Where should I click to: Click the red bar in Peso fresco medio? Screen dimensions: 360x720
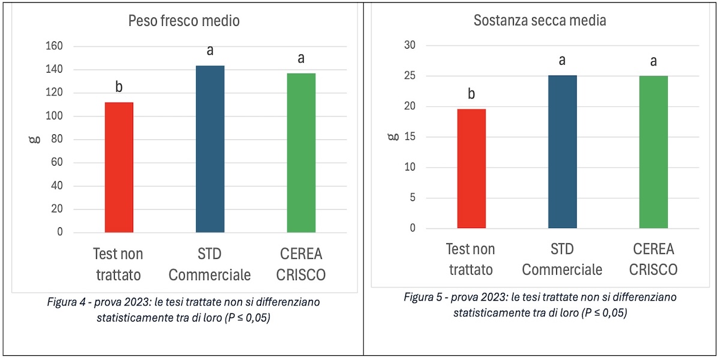click(119, 167)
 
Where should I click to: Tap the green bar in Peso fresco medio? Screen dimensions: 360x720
click(301, 153)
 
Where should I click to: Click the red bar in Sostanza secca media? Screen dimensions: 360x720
click(472, 169)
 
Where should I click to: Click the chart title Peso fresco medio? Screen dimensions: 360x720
click(184, 21)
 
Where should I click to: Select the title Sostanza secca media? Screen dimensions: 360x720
click(540, 20)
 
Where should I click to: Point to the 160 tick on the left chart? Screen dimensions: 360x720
click(54, 46)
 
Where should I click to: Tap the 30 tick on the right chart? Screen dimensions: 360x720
click(412, 46)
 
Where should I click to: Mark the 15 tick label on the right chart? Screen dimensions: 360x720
click(412, 137)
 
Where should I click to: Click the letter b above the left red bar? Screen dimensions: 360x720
click(119, 88)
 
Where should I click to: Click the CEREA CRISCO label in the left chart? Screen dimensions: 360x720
click(301, 265)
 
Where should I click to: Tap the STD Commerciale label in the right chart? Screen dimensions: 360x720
click(562, 259)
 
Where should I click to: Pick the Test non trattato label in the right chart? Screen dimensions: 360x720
click(470, 259)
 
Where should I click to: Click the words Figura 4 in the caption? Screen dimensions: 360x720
click(67, 302)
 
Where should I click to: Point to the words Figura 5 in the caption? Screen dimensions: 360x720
click(423, 298)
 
